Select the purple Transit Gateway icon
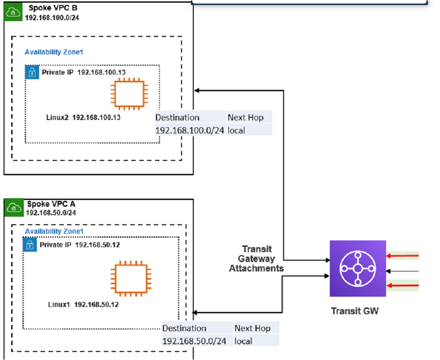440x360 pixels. [x=358, y=268]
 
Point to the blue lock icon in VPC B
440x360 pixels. [x=32, y=72]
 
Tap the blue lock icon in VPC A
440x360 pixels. [x=30, y=245]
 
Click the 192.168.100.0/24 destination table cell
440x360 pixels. [x=190, y=130]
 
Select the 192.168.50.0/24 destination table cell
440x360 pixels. [x=194, y=341]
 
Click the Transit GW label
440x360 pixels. [x=355, y=311]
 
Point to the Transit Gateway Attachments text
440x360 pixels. [x=257, y=258]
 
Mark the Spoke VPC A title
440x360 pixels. [x=49, y=204]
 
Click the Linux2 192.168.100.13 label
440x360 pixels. [x=83, y=118]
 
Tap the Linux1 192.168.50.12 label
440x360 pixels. [x=83, y=305]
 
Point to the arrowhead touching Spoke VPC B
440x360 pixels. [x=197, y=91]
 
